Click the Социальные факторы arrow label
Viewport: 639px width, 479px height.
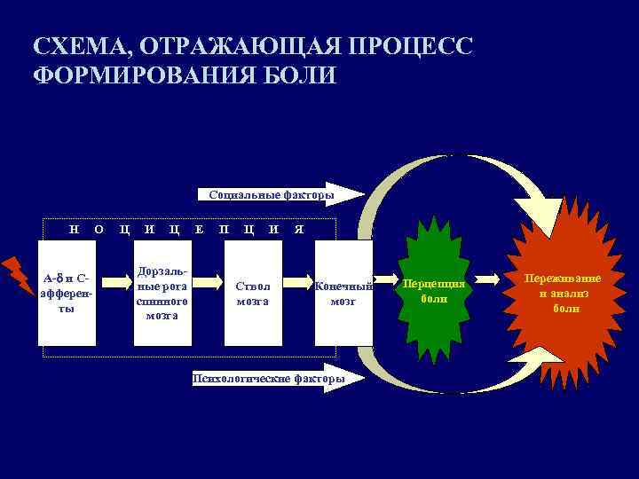click(272, 194)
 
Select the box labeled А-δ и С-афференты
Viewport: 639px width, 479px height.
click(67, 292)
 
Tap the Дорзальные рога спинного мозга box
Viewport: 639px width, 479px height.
click(162, 292)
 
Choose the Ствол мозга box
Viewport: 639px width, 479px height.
click(253, 292)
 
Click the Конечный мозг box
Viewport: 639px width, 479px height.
click(343, 292)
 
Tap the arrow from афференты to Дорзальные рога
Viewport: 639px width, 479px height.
click(114, 282)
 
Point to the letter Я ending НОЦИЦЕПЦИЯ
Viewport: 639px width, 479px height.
click(299, 229)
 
